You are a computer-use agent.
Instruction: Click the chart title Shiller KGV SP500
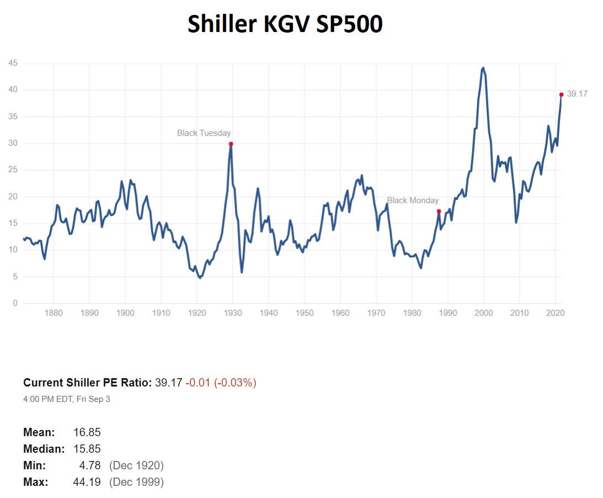click(285, 24)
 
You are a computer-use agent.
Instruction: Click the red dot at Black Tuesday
click(231, 144)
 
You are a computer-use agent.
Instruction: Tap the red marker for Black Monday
click(439, 211)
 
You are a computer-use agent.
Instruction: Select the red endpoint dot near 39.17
click(561, 94)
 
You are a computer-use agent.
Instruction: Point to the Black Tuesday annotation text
click(204, 133)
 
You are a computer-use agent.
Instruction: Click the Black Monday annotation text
click(413, 200)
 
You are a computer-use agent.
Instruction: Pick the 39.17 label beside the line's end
click(577, 94)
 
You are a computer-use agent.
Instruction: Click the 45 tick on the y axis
click(13, 63)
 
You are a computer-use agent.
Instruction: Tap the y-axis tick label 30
click(13, 144)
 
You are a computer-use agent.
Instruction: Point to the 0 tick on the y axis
click(15, 304)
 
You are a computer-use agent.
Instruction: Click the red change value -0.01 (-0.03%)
click(221, 383)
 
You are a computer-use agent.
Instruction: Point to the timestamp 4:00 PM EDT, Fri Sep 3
click(67, 399)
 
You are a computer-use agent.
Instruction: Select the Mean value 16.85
click(87, 432)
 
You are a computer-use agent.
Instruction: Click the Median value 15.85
click(87, 449)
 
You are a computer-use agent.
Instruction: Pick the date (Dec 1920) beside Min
click(136, 465)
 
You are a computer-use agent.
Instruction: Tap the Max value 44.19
click(87, 482)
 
